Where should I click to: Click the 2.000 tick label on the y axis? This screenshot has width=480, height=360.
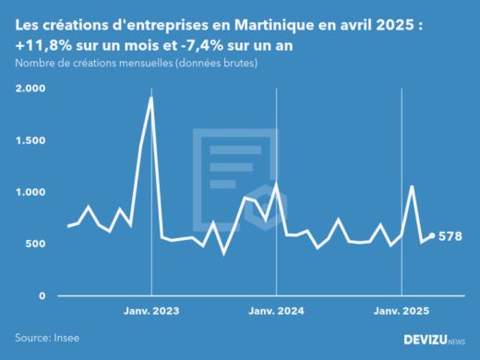[x=30, y=89]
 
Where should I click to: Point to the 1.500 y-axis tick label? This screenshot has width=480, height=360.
[x=30, y=140]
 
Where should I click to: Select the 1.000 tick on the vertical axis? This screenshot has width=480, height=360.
[x=30, y=192]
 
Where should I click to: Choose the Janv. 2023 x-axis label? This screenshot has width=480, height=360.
[x=151, y=311]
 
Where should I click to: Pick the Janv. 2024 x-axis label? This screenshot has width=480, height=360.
[x=277, y=311]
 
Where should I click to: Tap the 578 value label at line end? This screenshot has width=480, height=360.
[x=449, y=237]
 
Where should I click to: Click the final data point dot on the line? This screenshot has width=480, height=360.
[x=432, y=236]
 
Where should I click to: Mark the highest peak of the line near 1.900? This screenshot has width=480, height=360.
[x=151, y=98]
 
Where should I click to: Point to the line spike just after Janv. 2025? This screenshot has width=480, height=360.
[x=412, y=186]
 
